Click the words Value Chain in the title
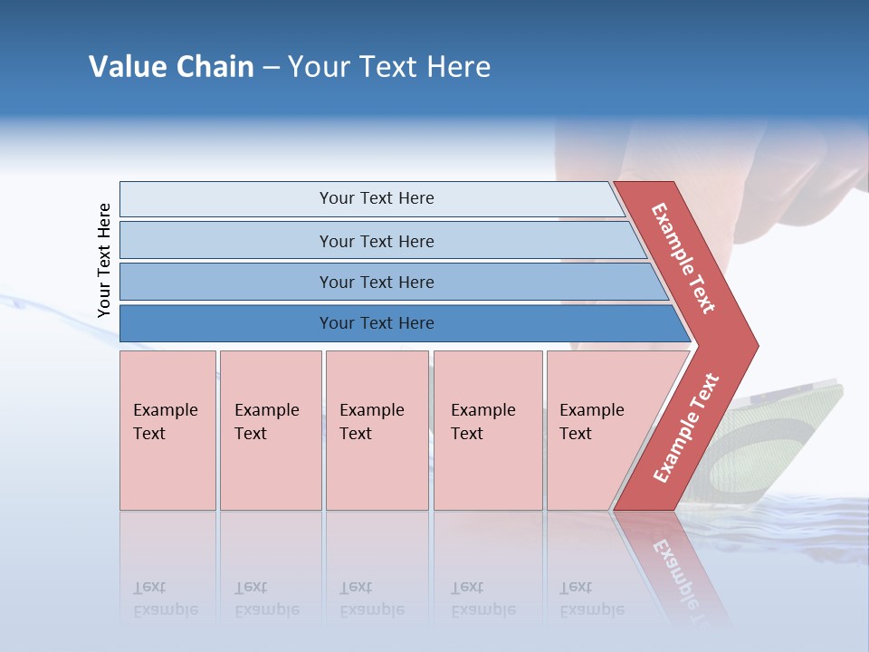click(x=171, y=67)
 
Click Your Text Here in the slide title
click(x=389, y=67)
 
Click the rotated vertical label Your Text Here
click(x=104, y=260)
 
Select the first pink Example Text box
click(x=167, y=430)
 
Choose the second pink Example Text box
click(x=270, y=430)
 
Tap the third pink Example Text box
click(x=377, y=430)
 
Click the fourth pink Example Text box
click(x=487, y=430)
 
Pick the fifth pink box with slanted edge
click(x=597, y=430)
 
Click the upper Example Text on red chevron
click(x=683, y=258)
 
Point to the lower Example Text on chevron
click(x=685, y=427)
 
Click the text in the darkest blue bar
click(x=377, y=323)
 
